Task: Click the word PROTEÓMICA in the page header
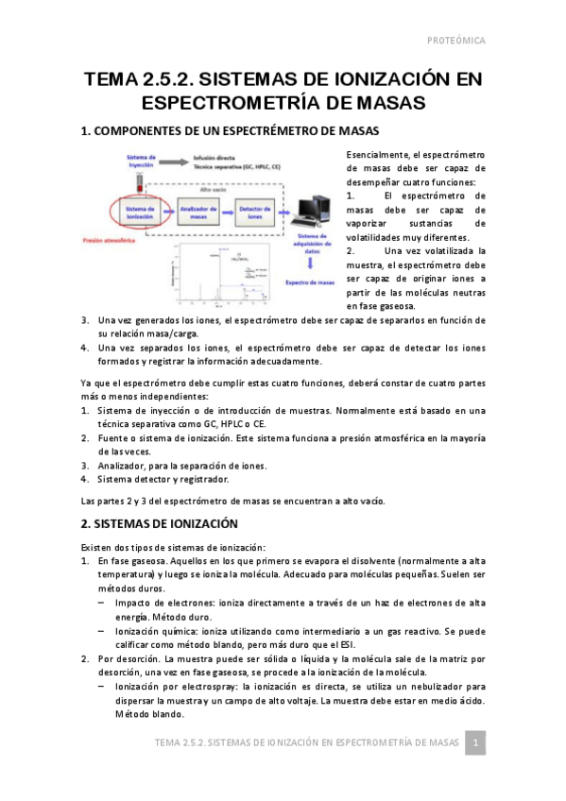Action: pos(456,41)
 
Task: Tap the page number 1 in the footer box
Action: pos(478,743)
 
